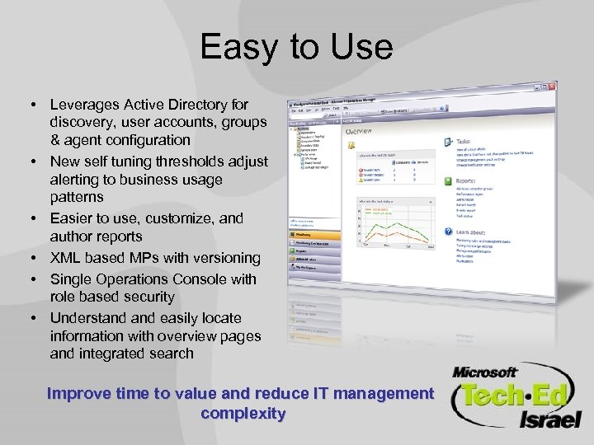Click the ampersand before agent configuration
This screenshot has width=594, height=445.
(x=55, y=139)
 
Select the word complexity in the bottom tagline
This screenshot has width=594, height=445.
(x=243, y=413)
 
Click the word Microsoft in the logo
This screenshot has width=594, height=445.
(x=485, y=372)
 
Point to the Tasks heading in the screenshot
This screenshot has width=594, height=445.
(x=466, y=141)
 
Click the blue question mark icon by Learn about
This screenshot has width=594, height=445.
(x=448, y=232)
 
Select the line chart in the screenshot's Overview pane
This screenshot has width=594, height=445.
(x=391, y=222)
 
